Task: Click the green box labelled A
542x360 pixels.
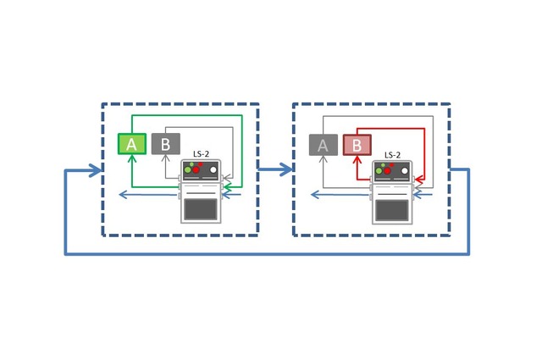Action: pyautogui.click(x=131, y=144)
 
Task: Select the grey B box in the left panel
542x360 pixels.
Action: pyautogui.click(x=165, y=144)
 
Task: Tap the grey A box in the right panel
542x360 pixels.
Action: pyautogui.click(x=323, y=145)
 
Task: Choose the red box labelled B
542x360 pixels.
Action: pyautogui.click(x=357, y=145)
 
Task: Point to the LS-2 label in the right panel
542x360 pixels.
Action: pyautogui.click(x=393, y=155)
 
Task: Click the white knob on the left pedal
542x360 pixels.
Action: pyautogui.click(x=214, y=171)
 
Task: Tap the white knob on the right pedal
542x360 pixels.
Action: pyautogui.click(x=406, y=171)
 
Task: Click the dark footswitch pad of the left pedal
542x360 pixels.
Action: pyautogui.click(x=201, y=209)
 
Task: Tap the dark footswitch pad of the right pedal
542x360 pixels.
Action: pyautogui.click(x=392, y=209)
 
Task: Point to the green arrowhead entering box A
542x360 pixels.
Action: pyautogui.click(x=131, y=160)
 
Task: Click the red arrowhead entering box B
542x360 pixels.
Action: pyautogui.click(x=357, y=160)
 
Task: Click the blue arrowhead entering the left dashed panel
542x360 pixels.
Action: pyautogui.click(x=96, y=170)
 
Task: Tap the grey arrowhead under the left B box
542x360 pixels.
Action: pyautogui.click(x=165, y=160)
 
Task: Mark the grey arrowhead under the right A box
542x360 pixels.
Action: pyautogui.click(x=323, y=160)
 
